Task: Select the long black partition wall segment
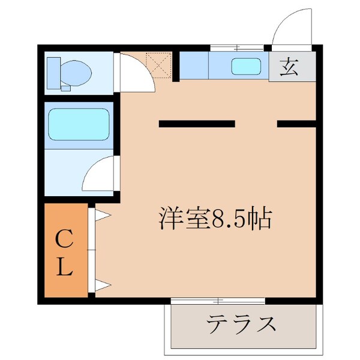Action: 196,124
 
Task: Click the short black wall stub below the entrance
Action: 296,124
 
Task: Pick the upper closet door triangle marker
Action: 100,214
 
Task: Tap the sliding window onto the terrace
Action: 218,299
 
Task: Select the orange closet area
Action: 65,252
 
